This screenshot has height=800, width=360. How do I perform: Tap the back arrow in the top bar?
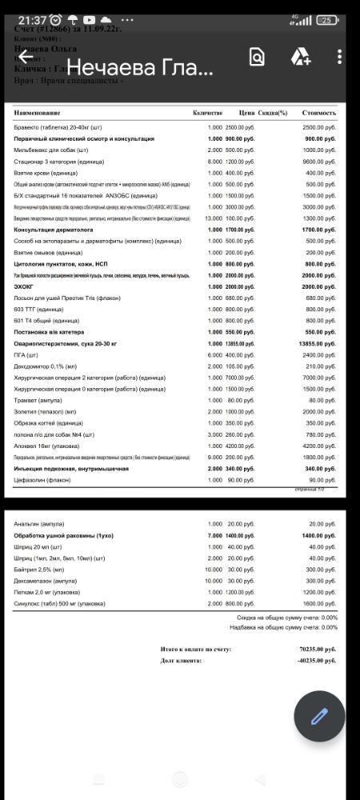coord(25,57)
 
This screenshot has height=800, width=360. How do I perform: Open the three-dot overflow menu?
coord(340,57)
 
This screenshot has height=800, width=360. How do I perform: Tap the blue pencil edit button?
coord(319,716)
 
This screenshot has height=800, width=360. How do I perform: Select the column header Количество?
coord(207,113)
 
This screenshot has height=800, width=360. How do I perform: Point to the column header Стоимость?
coord(318,113)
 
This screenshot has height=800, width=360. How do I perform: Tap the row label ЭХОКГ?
coord(25,286)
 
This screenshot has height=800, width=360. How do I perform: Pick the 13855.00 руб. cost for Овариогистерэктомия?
coord(319,343)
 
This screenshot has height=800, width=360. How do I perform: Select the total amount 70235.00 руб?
coord(318,650)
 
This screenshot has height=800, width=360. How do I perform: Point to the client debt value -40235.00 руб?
coord(317,661)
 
